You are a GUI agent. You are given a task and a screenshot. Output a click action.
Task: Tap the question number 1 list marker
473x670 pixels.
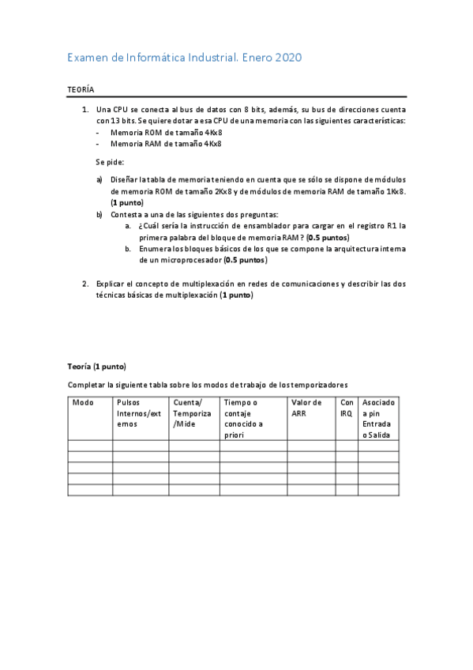(85, 109)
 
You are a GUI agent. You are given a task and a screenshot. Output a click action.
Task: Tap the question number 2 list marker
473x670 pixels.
(85, 283)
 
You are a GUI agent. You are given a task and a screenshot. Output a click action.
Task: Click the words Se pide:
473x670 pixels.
(110, 161)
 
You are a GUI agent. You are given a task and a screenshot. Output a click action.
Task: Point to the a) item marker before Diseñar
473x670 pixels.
(99, 179)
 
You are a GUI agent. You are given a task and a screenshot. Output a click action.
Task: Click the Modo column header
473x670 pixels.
(83, 402)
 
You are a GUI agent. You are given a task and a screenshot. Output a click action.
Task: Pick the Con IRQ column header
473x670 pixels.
(347, 407)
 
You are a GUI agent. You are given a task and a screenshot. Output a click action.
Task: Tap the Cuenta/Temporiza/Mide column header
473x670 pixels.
(192, 412)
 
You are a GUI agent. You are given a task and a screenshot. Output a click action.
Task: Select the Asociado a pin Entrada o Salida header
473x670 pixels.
(379, 418)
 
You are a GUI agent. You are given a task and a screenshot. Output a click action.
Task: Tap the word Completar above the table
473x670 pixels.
(85, 384)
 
